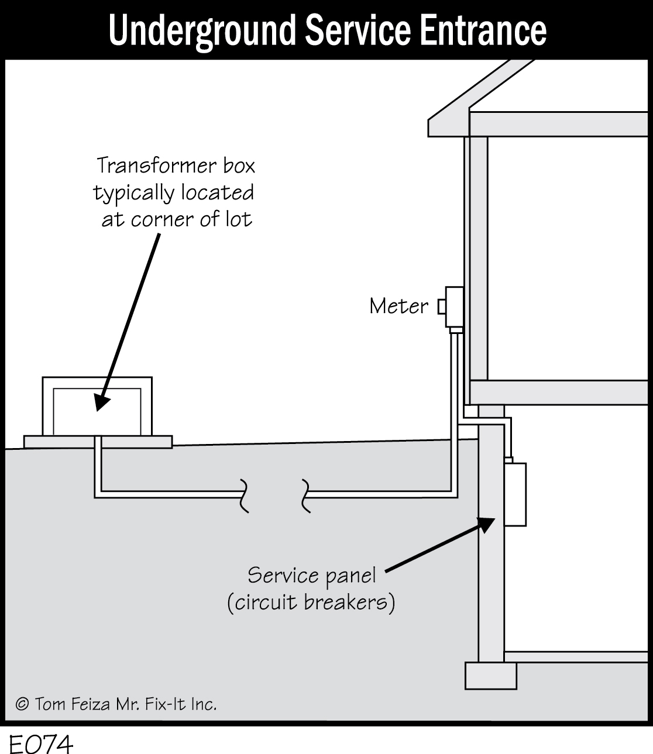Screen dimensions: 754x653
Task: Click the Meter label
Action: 398,306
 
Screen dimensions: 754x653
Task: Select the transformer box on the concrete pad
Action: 97,406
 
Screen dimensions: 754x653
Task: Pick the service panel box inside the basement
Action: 515,494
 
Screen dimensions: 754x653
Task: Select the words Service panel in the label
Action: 311,576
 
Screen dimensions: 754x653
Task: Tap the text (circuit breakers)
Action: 311,602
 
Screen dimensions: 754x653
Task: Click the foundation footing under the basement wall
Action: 490,675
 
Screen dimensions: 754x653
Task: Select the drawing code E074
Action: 41,745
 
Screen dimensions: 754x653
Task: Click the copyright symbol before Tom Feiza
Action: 22,704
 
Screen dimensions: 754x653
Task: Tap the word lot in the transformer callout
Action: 239,219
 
